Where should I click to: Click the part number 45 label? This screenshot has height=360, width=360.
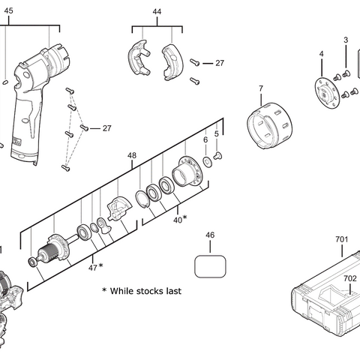pyautogui.click(x=8, y=11)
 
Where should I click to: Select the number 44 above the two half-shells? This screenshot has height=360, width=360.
pyautogui.click(x=157, y=13)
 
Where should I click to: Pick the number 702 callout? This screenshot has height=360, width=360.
pyautogui.click(x=349, y=278)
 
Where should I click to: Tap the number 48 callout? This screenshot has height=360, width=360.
pyautogui.click(x=132, y=156)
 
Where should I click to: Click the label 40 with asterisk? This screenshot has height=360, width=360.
pyautogui.click(x=179, y=219)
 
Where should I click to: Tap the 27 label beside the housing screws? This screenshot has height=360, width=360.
pyautogui.click(x=106, y=128)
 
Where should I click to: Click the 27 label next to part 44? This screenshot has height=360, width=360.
pyautogui.click(x=220, y=64)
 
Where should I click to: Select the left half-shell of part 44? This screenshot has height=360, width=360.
pyautogui.click(x=136, y=61)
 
